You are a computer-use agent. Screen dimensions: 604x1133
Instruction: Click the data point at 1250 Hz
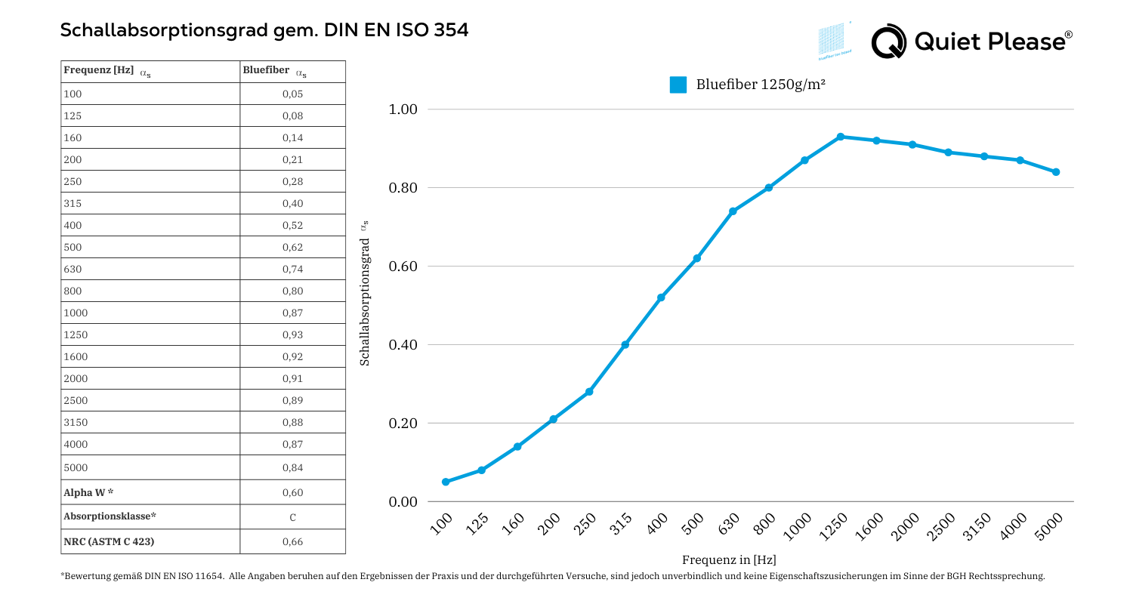click(x=841, y=137)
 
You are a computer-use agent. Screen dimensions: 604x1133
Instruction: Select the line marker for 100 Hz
click(x=446, y=482)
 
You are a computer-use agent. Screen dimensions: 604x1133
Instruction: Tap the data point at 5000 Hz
click(x=1056, y=172)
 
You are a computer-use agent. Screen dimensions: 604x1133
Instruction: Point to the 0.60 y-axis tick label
click(x=403, y=267)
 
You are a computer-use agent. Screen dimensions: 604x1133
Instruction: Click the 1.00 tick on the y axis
click(x=403, y=109)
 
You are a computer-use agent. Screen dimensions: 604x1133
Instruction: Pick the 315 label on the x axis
click(x=621, y=523)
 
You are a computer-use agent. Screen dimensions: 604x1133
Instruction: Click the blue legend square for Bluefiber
click(x=678, y=85)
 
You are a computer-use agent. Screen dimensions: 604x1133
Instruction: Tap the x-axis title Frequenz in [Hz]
click(x=729, y=559)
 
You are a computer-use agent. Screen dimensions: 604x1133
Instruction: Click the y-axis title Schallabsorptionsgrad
click(x=365, y=302)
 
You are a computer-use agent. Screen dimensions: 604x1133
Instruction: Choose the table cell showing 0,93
click(x=292, y=334)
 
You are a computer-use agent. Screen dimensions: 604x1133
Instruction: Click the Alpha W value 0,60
click(x=292, y=493)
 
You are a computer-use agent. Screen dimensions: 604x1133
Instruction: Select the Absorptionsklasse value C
click(x=292, y=517)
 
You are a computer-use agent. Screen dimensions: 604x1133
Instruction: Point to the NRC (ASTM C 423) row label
click(x=110, y=541)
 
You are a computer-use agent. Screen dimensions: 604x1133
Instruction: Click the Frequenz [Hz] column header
click(x=99, y=71)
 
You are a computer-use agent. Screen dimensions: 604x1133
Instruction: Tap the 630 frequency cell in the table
click(x=73, y=269)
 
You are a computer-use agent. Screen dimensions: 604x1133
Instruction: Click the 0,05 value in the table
click(x=292, y=94)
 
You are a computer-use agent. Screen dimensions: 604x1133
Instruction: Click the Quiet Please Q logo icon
click(x=888, y=42)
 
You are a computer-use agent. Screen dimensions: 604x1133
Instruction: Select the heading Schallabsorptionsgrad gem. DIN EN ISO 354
click(x=264, y=30)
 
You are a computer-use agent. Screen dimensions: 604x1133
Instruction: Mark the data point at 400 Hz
click(x=661, y=297)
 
